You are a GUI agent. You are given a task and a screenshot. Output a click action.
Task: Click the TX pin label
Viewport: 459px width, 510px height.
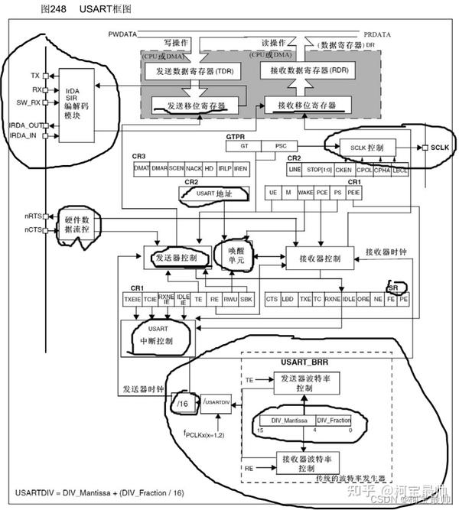pos(35,76)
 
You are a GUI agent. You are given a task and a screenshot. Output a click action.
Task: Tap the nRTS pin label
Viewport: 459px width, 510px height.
pos(31,216)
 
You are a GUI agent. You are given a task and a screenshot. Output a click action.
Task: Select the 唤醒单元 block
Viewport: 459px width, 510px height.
pos(230,255)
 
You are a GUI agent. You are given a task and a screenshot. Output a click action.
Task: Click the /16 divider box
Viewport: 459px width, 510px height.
pos(181,401)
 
